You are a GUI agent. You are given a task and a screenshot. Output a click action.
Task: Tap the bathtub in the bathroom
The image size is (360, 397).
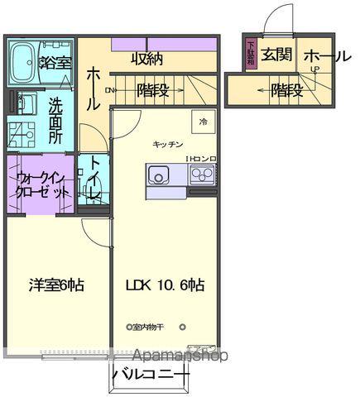(26, 60)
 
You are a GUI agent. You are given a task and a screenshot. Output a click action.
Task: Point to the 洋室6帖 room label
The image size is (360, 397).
(55, 285)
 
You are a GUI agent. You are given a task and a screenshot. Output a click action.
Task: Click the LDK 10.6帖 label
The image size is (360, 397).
(165, 285)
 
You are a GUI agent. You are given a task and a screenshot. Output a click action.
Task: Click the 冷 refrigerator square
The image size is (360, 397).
(203, 121)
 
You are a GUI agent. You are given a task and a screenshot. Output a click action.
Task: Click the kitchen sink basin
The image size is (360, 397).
(157, 175)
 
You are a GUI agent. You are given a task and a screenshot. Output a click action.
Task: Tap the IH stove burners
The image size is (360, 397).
(201, 175)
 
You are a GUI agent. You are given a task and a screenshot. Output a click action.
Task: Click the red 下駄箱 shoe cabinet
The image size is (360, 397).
(250, 55)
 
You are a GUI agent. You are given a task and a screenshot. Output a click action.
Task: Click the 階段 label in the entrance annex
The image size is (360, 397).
(286, 89)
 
